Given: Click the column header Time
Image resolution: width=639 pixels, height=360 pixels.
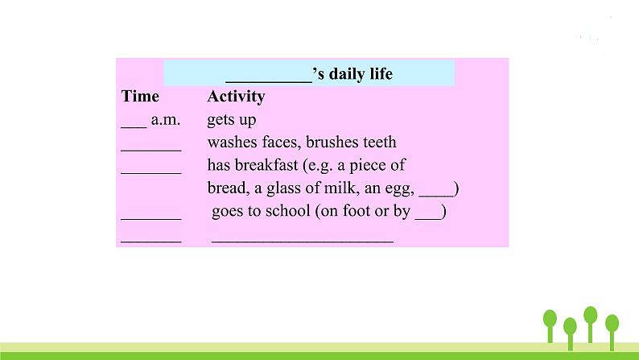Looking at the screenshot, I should point(140,97).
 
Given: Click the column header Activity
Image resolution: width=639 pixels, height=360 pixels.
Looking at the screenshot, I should point(236,97).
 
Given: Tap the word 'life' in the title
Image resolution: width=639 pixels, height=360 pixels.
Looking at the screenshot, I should point(379,75).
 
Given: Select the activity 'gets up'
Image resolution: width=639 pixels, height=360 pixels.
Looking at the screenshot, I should point(232,121).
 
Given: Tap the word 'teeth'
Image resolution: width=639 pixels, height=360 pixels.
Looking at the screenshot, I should point(378,143).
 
